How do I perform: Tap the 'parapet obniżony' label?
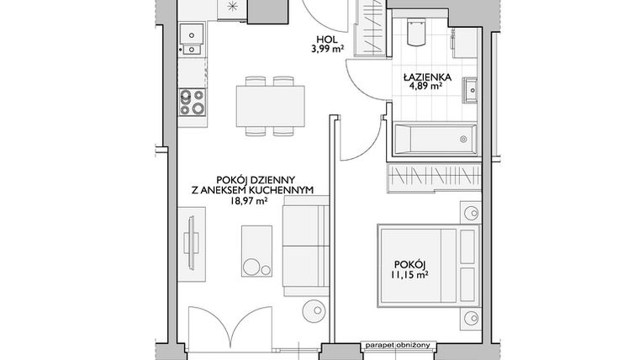(397, 345)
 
